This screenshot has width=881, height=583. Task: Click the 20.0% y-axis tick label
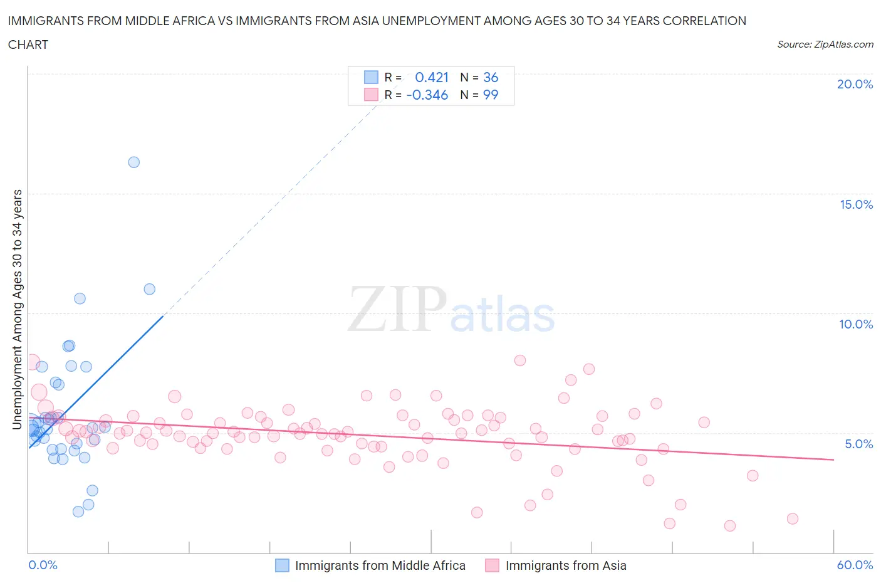(855, 84)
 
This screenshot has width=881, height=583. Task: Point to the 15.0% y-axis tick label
(856, 204)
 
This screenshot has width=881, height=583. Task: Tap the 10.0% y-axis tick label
(856, 324)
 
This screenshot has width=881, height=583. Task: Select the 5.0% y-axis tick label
(858, 444)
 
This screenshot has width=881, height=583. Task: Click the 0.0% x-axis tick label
(43, 565)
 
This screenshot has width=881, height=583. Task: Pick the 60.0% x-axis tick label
(855, 565)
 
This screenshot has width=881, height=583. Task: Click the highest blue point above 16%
(133, 162)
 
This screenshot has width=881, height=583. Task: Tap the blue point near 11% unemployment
(149, 289)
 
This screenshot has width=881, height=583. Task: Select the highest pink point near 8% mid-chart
(519, 360)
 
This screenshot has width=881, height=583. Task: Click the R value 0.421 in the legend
(432, 77)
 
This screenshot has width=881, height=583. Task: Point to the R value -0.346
(427, 95)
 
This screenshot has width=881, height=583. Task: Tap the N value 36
(491, 77)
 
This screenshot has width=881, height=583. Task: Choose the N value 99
(491, 95)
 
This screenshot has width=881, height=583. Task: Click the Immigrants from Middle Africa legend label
(380, 565)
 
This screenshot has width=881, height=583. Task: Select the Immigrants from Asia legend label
(565, 565)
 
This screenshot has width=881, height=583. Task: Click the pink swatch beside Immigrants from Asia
(492, 565)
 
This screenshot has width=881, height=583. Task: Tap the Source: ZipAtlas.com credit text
(825, 45)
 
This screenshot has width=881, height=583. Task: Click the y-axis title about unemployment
(18, 310)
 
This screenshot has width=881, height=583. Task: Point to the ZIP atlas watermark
(451, 310)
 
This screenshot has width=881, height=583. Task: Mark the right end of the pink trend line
(833, 460)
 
